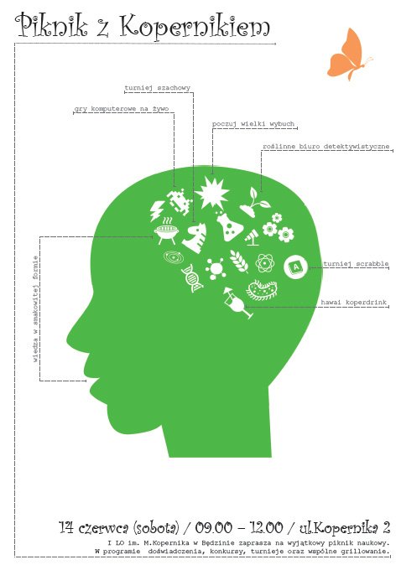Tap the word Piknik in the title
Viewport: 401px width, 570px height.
[52, 25]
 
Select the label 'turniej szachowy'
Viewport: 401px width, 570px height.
[157, 88]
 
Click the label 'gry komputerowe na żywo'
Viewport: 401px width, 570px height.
[122, 109]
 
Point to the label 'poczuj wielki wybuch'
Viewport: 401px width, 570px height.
[253, 124]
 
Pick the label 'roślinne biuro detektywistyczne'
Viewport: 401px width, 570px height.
[326, 147]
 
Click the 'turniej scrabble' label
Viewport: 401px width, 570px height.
[356, 264]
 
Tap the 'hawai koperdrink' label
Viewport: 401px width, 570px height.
[353, 303]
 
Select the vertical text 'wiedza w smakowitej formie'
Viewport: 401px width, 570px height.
[35, 309]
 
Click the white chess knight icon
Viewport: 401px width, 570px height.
[195, 238]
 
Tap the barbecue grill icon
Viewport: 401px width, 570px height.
[166, 231]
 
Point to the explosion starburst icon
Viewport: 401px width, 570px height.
[211, 192]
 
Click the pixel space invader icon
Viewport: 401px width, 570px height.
[180, 200]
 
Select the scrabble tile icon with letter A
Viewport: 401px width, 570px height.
[295, 267]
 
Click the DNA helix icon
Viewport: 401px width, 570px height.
[192, 278]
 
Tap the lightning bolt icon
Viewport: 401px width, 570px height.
[157, 211]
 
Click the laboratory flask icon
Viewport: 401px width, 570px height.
[229, 226]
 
